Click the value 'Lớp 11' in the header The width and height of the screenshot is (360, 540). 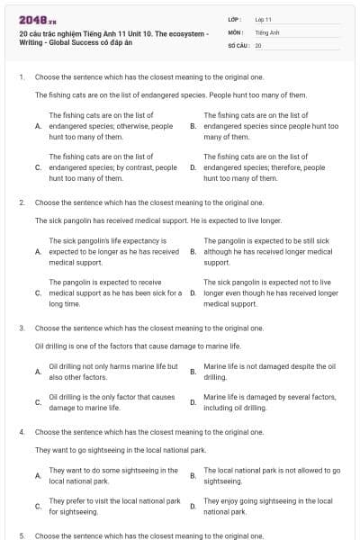click(x=265, y=19)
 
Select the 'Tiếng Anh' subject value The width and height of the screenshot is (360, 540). click(x=266, y=31)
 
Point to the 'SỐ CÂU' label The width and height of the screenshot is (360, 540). click(x=238, y=44)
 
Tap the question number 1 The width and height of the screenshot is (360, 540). click(x=21, y=77)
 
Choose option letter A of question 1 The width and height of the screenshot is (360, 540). click(x=38, y=127)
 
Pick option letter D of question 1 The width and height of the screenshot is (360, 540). click(x=193, y=167)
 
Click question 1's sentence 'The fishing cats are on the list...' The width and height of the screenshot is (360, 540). click(x=171, y=94)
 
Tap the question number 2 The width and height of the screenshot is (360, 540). click(x=21, y=202)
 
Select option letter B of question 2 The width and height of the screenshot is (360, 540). click(x=193, y=252)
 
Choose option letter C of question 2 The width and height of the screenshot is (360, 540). click(x=38, y=292)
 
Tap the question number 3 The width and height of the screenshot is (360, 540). click(x=21, y=328)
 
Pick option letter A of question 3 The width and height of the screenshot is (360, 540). click(x=38, y=372)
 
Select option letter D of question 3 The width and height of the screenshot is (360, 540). click(x=193, y=402)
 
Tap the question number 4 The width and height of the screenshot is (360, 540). click(x=21, y=432)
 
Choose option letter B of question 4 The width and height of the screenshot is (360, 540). click(x=193, y=475)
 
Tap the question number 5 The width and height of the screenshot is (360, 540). click(x=21, y=535)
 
